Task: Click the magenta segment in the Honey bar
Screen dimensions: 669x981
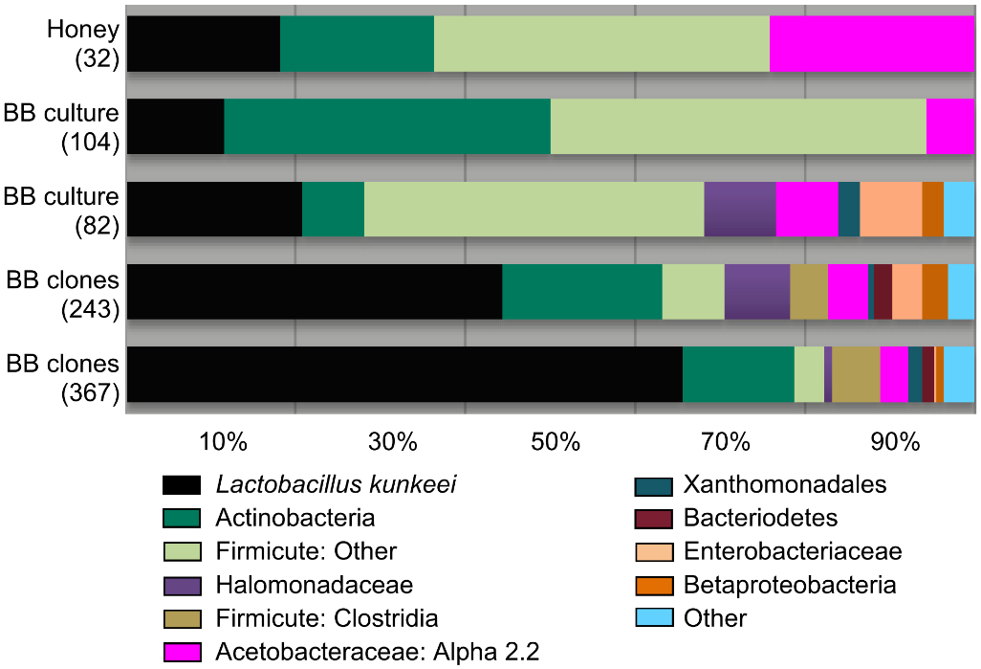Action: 872,44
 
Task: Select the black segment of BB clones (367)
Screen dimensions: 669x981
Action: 404,374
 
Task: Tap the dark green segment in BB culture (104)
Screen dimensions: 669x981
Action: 387,126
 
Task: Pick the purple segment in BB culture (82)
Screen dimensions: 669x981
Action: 739,209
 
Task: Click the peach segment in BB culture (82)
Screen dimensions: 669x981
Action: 890,209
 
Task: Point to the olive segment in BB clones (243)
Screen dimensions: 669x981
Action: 808,292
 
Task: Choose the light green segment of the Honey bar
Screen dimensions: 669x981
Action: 601,44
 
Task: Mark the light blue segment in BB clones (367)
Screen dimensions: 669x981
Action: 959,374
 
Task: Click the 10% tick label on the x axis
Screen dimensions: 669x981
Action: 224,443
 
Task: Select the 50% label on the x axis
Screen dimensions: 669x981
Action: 557,443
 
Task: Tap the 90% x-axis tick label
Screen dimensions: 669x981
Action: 895,443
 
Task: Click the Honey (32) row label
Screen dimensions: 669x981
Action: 83,44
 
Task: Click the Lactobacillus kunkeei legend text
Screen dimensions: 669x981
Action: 336,485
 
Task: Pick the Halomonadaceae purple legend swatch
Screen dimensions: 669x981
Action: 181,585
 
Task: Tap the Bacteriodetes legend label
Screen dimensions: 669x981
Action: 760,519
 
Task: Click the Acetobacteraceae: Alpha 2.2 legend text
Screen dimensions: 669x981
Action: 377,652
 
